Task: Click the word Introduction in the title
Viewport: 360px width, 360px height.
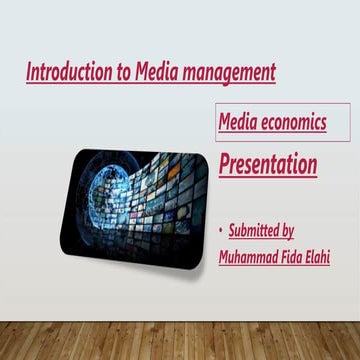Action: point(64,72)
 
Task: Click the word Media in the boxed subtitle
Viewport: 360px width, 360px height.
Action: point(241,124)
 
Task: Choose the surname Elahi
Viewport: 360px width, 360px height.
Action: point(332,257)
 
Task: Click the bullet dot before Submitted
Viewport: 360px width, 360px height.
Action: point(222,232)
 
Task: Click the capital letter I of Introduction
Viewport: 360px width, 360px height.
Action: point(28,72)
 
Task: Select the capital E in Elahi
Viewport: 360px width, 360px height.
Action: point(323,257)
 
